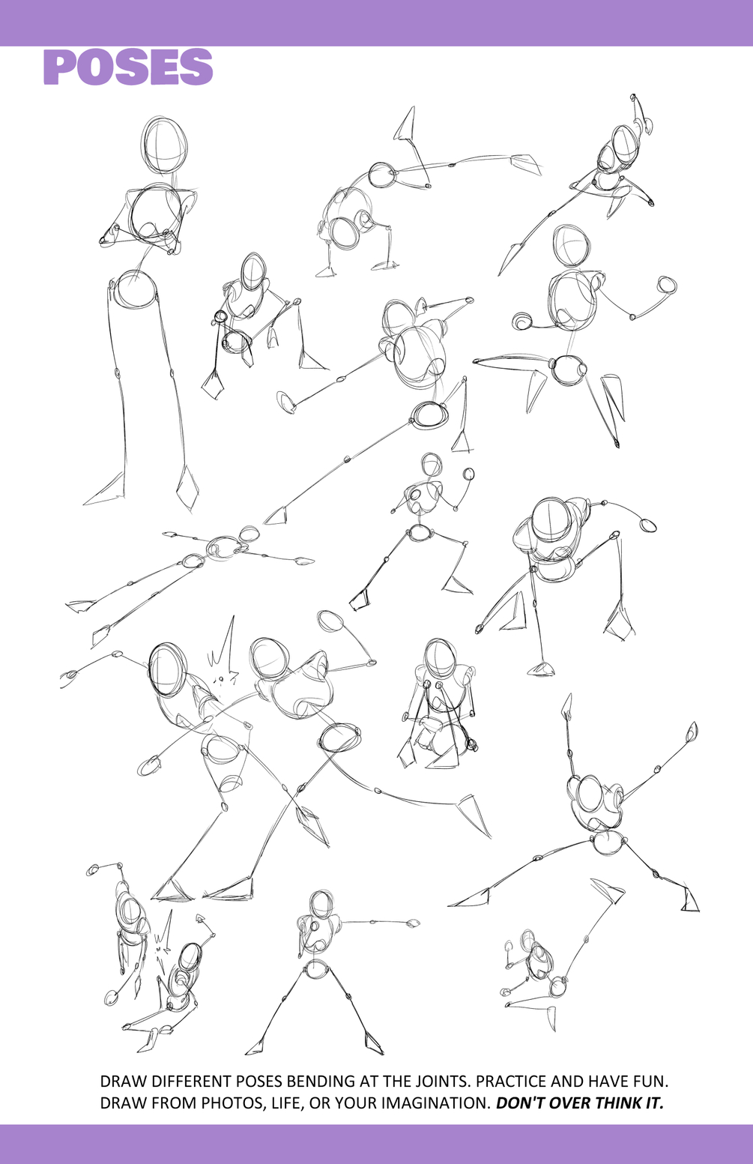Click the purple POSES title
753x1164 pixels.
point(128,67)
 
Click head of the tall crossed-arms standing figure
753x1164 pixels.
point(164,145)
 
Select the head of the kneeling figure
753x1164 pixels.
point(439,658)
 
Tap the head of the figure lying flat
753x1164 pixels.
point(250,534)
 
